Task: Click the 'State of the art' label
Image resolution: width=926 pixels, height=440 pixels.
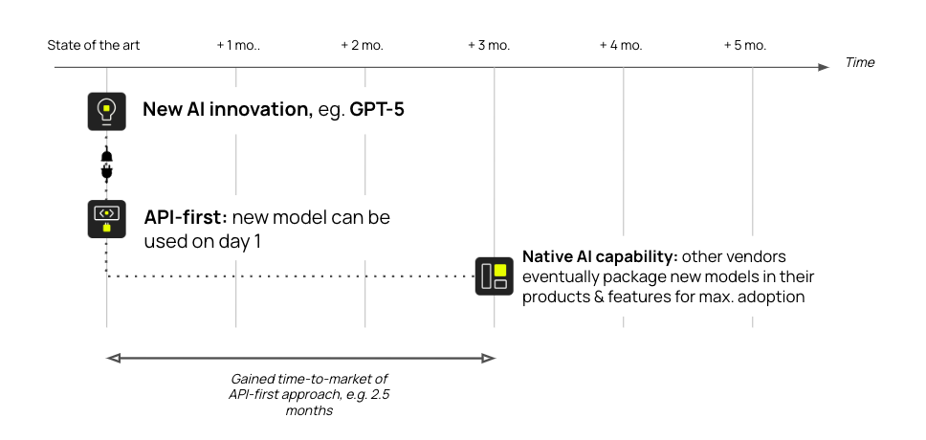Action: (x=94, y=45)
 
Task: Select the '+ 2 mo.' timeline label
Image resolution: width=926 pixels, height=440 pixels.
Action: (x=363, y=45)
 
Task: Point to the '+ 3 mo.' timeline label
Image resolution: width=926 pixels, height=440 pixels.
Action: (x=489, y=45)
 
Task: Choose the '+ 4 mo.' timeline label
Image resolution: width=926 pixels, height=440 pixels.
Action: (x=621, y=45)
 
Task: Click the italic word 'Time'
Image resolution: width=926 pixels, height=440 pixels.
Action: (x=859, y=63)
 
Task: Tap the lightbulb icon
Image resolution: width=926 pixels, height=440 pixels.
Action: (x=107, y=110)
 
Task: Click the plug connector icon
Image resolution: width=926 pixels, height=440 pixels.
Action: (x=107, y=165)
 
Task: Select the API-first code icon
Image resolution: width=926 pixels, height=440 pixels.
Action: (x=107, y=219)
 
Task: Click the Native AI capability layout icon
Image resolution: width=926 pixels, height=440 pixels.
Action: (x=494, y=275)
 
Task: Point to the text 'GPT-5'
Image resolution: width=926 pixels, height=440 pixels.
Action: (x=376, y=109)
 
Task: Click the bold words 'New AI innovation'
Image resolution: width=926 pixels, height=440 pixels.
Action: (x=224, y=109)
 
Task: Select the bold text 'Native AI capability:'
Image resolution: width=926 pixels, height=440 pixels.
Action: (x=598, y=258)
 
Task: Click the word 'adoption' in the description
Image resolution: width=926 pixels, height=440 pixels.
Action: (x=772, y=297)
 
